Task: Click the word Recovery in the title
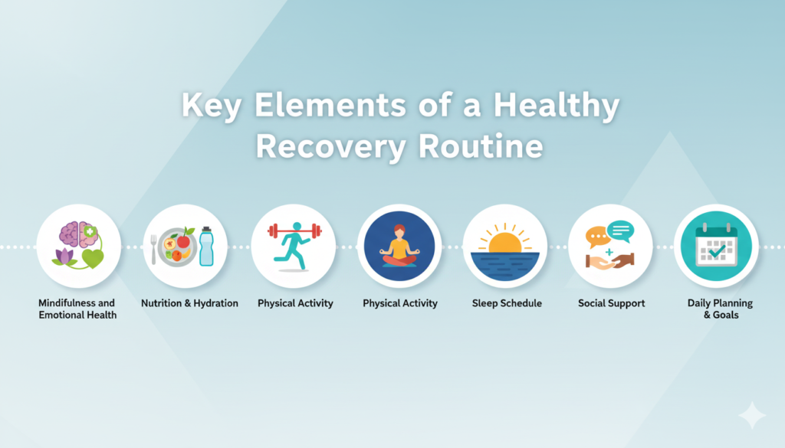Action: pos(331,146)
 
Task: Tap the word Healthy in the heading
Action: pos(557,106)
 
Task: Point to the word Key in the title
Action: pos(212,106)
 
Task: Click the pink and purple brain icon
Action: pos(78,234)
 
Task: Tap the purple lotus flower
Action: pos(64,257)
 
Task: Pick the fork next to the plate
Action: pos(153,249)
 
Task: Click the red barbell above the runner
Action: pos(294,231)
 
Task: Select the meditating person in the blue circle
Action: pos(399,246)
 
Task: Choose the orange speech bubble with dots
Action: pos(598,237)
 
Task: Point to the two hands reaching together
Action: pos(610,261)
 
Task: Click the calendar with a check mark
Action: pos(717,247)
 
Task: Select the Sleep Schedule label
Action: pos(507,303)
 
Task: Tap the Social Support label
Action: pos(611,303)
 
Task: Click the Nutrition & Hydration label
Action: pos(189,303)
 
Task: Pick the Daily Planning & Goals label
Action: pos(720,309)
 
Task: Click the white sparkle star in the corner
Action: pos(752,415)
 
